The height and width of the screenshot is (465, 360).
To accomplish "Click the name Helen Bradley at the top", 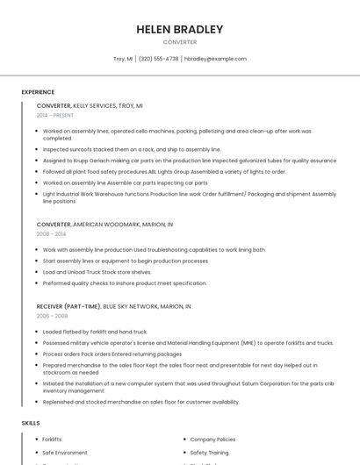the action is coord(180,29).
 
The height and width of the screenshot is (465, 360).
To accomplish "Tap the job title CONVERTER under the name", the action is coord(180,42).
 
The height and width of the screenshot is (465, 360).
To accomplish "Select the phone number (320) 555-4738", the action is coord(158,59).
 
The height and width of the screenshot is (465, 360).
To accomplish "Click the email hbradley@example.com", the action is coord(215,59).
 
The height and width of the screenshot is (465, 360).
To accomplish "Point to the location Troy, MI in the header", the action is coord(123,59).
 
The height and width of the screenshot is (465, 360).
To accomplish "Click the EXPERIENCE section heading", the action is coord(38,92).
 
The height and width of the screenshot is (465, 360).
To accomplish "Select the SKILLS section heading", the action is coord(31,423).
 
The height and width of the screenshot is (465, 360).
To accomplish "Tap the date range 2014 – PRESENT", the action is coord(55,115).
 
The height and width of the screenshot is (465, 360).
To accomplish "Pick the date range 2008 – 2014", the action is coord(51,234).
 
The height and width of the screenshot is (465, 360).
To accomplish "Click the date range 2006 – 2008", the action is coord(52,316).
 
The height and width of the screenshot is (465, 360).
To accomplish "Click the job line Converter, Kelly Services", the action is coord(90,105).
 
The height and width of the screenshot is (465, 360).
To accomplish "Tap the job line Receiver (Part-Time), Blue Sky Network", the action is coord(113,306).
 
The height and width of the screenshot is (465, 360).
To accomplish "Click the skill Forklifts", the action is coord(52,439).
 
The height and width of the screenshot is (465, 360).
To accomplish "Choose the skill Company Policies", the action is coord(212,439).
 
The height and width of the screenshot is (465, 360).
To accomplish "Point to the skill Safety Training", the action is coord(210,452).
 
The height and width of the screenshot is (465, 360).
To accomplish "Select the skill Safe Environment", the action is coord(65,452).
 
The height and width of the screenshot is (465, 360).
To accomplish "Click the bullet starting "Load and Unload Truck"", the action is coord(97,272).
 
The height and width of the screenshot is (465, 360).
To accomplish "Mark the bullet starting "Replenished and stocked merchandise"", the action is coord(140,402).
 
